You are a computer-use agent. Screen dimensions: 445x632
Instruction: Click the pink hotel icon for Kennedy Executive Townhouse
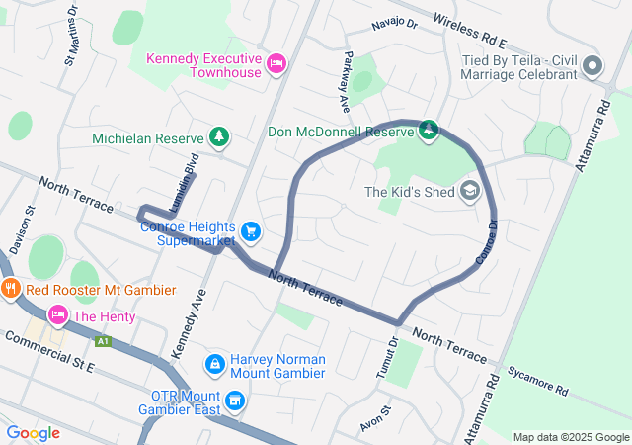point(277,65)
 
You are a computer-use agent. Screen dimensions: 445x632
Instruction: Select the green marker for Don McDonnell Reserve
point(429,131)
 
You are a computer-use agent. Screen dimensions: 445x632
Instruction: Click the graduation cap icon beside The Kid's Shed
point(470,192)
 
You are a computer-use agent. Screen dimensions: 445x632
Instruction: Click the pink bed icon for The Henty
point(58,315)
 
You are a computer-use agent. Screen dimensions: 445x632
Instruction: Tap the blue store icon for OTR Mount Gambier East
point(234,400)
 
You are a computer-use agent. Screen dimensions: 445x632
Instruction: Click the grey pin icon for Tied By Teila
point(592,67)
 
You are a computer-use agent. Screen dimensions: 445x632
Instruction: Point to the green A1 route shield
point(103,341)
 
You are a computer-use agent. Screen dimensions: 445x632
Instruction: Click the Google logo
point(34,433)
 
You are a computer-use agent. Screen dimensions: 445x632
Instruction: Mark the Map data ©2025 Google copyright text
point(571,437)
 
